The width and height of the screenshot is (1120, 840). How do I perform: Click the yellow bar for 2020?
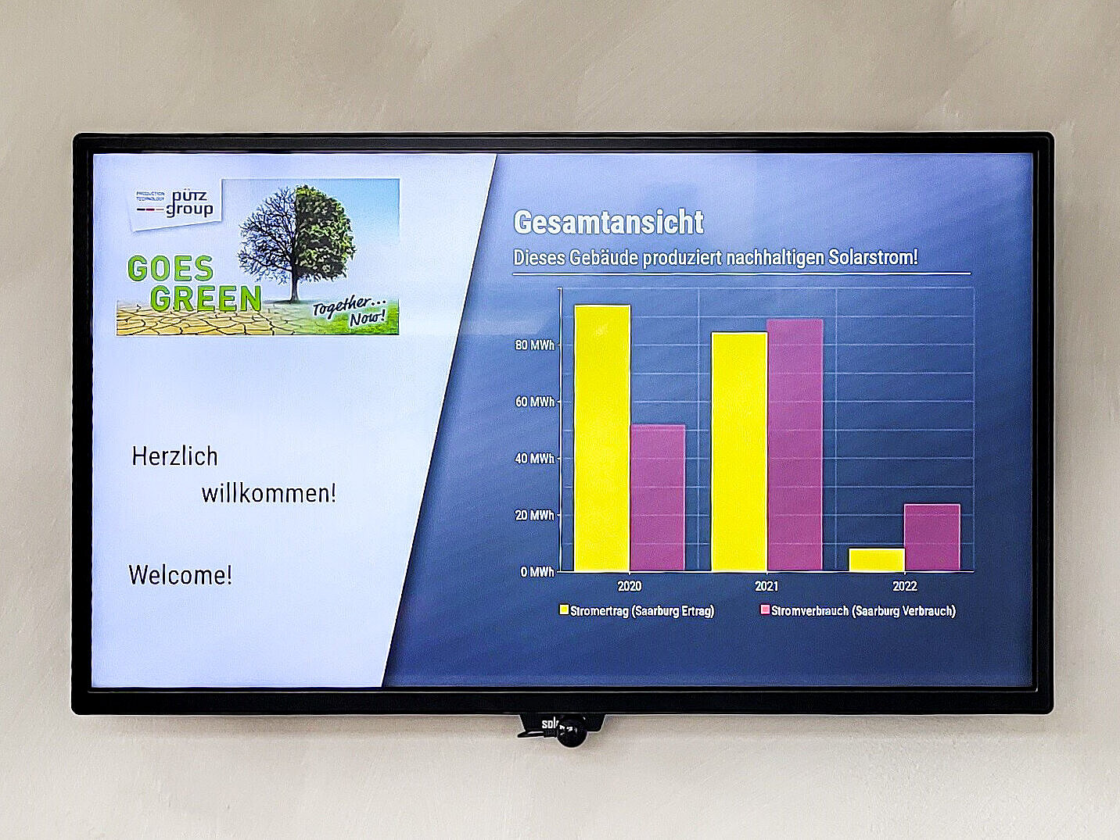[x=602, y=438]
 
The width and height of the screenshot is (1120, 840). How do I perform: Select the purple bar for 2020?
[x=658, y=498]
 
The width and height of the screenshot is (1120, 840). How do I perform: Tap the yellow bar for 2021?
[x=739, y=452]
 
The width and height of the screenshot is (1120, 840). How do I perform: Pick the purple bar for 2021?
[x=795, y=445]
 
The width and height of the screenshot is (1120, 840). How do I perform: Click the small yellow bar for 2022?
[x=877, y=559]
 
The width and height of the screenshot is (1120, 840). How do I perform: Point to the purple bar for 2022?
[x=932, y=538]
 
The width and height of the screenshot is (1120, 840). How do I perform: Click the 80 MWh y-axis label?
[x=534, y=345]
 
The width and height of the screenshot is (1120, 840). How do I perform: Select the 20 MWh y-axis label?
[x=534, y=516]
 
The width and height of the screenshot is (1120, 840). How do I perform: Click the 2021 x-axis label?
[x=766, y=586]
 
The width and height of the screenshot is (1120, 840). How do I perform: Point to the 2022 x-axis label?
[x=905, y=586]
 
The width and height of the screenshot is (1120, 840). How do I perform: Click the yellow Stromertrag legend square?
[x=564, y=609]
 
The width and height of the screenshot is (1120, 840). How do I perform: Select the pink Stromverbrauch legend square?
[x=765, y=609]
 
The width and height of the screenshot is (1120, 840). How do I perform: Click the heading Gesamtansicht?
[x=608, y=223]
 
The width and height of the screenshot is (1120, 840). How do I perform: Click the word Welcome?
[x=180, y=575]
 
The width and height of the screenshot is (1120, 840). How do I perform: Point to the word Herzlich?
[x=174, y=456]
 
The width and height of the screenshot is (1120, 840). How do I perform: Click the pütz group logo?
[x=176, y=203]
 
